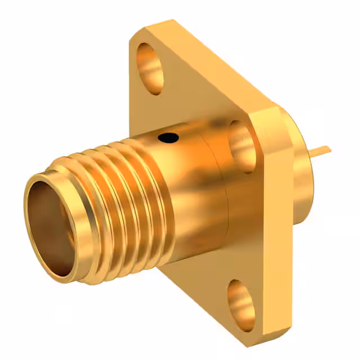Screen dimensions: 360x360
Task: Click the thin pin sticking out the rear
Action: (x=321, y=150)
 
